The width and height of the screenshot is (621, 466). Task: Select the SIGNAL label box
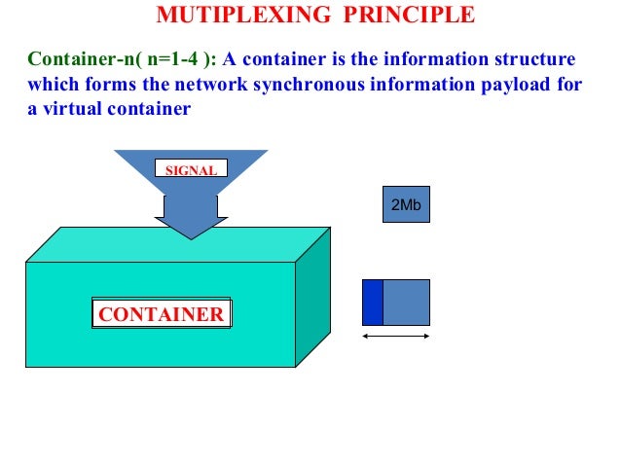point(191,169)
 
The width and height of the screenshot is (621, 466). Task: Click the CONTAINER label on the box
point(163,314)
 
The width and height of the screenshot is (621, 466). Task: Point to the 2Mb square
point(405,205)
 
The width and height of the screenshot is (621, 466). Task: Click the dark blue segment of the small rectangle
point(372,303)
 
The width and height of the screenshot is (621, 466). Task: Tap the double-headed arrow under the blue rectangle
point(395,337)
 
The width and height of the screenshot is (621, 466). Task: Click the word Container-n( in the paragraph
point(81,59)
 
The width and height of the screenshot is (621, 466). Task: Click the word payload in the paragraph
point(517,85)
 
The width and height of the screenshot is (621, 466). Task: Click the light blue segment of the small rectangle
point(406,303)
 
